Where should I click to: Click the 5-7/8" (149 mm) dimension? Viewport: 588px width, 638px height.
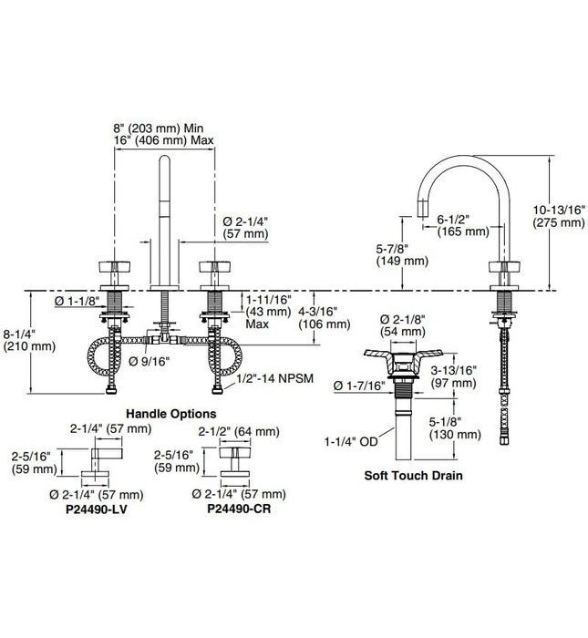pos(401,254)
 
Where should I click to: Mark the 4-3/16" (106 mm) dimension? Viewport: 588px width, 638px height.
pos(326,316)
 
